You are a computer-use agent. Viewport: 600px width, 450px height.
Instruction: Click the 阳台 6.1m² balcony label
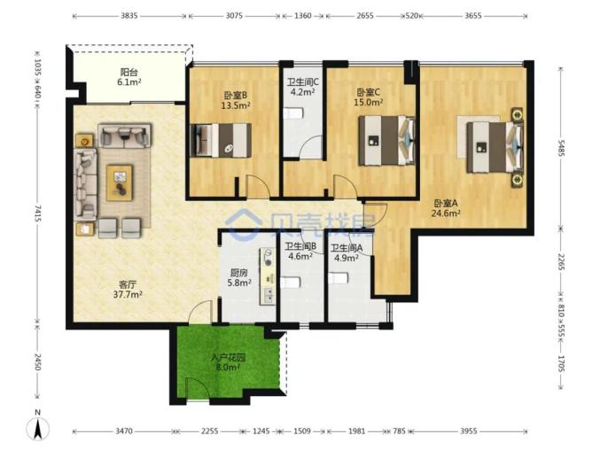coord(129,76)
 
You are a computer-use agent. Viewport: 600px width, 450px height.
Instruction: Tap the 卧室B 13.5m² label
coord(236,100)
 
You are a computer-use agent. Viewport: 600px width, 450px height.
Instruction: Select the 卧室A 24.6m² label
coord(446,208)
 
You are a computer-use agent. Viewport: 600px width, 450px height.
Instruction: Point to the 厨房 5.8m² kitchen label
coord(239,278)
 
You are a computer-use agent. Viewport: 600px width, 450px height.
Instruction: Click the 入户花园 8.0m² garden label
coord(228,362)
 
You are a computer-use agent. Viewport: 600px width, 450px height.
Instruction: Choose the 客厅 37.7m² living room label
coord(128,290)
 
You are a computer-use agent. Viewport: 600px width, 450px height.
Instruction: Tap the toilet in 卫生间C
coord(294,113)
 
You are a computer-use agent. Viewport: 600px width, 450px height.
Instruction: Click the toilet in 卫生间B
coord(290,283)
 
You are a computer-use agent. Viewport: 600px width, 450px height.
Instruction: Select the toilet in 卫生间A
coord(339,278)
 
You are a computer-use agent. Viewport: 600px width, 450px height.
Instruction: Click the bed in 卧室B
coord(221,140)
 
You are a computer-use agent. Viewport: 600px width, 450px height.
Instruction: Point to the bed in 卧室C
coord(386,141)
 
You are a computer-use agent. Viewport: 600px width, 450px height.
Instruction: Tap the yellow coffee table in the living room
coord(120,182)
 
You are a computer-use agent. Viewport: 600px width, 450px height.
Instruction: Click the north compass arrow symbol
coord(37,429)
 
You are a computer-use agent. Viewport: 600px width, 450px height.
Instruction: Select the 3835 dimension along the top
coord(129,16)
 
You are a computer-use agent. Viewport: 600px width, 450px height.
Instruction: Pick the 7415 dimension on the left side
coord(37,213)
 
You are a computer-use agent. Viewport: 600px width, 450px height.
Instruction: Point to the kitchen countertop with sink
coord(268,276)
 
